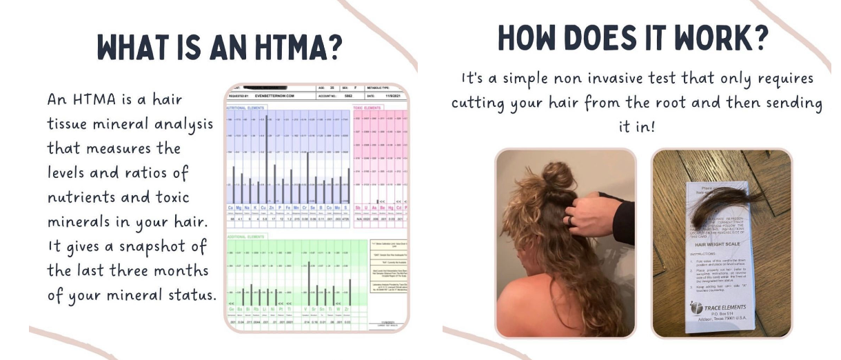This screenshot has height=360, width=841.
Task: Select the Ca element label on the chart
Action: (230, 207)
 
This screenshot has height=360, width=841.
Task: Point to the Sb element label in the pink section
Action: (358, 207)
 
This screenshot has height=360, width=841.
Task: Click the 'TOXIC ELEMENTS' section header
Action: (369, 108)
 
